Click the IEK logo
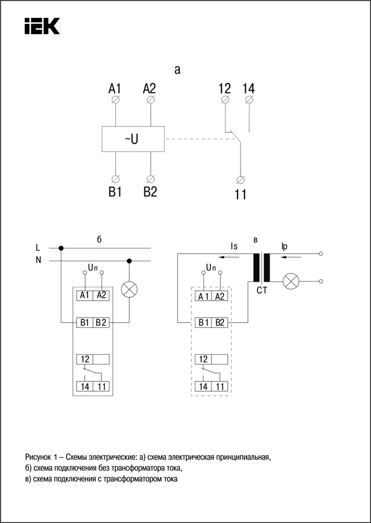click(x=42, y=26)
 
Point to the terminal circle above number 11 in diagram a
click(x=241, y=179)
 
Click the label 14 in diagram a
click(x=249, y=89)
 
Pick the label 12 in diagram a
click(x=224, y=89)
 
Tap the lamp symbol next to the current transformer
click(x=290, y=282)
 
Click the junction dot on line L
click(x=61, y=248)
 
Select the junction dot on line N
click(x=129, y=261)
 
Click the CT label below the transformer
click(x=262, y=290)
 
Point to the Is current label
click(x=234, y=246)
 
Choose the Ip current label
click(x=283, y=246)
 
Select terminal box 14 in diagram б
click(x=84, y=386)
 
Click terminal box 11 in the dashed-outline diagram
click(x=220, y=386)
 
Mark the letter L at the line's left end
click(x=38, y=248)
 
